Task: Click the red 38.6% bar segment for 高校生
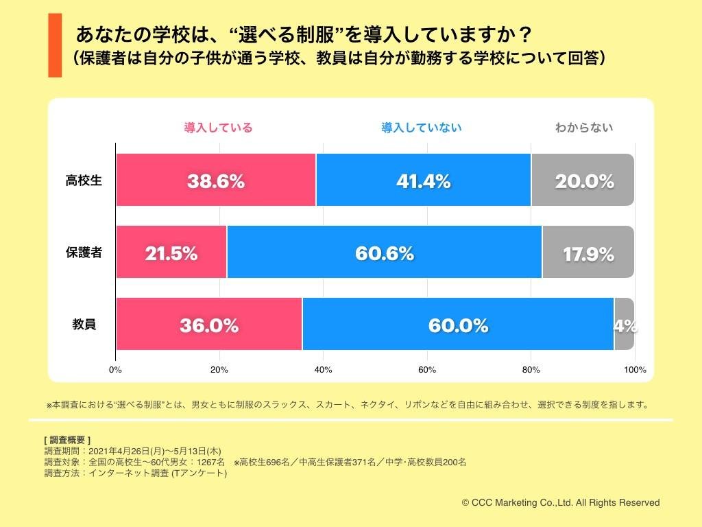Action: point(215,180)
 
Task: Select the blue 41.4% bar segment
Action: point(423,180)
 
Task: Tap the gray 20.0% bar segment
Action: point(583,180)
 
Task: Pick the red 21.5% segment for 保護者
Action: point(171,253)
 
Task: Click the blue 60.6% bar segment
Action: point(384,253)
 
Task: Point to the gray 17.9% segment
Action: point(588,253)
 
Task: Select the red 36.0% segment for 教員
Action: point(208,325)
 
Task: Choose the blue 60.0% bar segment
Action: point(458,325)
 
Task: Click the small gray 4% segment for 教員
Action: point(625,325)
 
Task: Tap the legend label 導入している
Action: point(218,128)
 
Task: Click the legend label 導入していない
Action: point(422,128)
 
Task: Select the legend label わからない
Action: point(584,128)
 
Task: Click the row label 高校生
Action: point(84,180)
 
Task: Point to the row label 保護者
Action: point(84,253)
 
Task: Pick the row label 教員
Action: point(84,325)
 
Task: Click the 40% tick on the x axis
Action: point(323,370)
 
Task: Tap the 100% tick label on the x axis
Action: point(635,370)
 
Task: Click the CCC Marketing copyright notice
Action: point(561,503)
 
